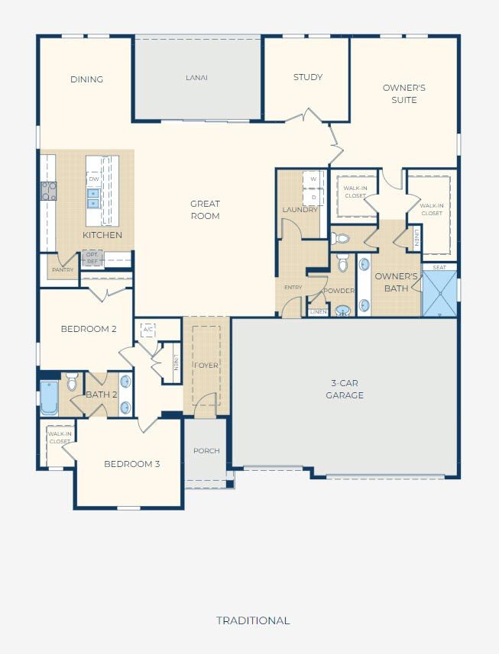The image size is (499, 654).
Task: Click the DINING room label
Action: (86, 79)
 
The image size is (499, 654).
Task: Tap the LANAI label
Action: (196, 78)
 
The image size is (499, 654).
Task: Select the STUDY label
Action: (308, 77)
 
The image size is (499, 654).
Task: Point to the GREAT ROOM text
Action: (205, 210)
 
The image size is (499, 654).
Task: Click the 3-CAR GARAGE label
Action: (345, 389)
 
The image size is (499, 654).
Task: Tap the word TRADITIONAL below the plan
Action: (253, 620)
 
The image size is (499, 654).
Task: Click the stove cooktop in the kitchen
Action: (48, 191)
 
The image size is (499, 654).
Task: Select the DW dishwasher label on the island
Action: (93, 179)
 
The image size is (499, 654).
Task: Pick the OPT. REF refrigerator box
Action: (92, 258)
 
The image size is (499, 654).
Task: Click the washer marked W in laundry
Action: (313, 179)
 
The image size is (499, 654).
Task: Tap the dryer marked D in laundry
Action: (313, 197)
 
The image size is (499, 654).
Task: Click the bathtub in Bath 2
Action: (49, 398)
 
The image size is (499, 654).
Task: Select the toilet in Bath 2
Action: (72, 382)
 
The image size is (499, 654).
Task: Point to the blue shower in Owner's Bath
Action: (439, 294)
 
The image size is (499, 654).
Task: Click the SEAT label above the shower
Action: (439, 267)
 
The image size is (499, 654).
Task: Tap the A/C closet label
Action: (147, 330)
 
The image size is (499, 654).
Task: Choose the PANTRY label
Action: (63, 270)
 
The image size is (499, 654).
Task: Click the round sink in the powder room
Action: (343, 311)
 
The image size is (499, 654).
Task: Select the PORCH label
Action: (206, 451)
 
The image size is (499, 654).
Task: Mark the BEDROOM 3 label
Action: (132, 464)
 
